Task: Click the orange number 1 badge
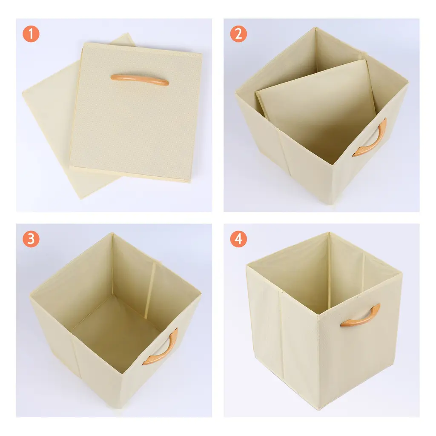[x=31, y=34]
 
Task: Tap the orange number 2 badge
[x=238, y=34]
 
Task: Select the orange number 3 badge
[x=31, y=239]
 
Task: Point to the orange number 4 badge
[x=238, y=239]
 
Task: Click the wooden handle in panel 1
[x=140, y=80]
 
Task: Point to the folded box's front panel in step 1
[x=136, y=111]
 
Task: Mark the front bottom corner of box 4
[x=319, y=409]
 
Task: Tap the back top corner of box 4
[x=329, y=232]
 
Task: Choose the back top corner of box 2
[x=316, y=27]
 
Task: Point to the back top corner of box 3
[x=112, y=233]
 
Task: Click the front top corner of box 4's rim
[x=318, y=315]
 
